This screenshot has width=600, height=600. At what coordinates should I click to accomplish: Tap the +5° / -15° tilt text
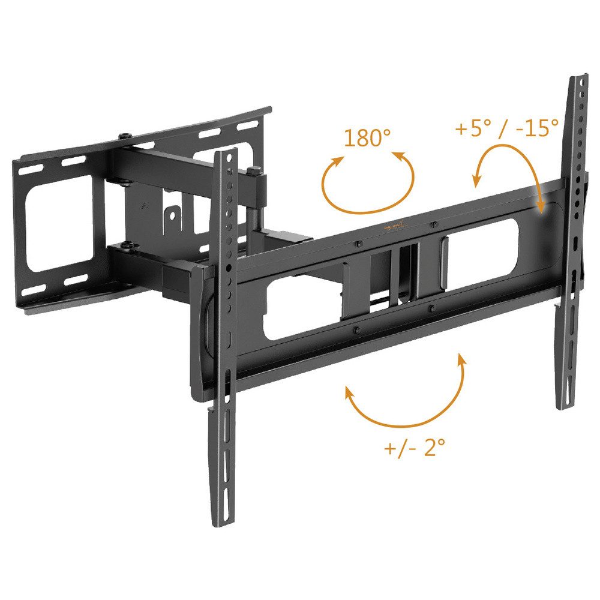(x=506, y=128)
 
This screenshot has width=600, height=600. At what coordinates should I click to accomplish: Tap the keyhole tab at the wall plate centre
(x=172, y=215)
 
